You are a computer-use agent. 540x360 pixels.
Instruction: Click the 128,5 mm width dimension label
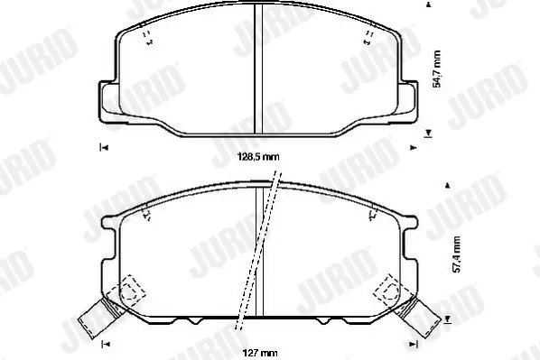point(258,157)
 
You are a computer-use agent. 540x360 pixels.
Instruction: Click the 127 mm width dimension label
point(260,353)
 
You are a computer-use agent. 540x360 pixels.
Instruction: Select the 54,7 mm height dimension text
point(437,69)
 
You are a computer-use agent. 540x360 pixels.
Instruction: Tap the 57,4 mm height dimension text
point(456,254)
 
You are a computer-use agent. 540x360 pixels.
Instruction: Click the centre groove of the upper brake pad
point(258,69)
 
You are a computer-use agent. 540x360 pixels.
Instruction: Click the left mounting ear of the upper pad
point(108,102)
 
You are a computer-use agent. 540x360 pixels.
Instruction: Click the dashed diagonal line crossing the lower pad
point(257,250)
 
